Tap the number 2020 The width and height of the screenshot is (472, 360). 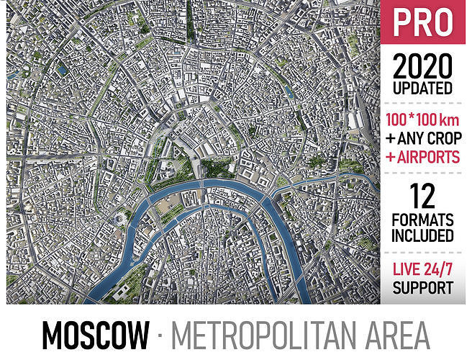tap(422, 68)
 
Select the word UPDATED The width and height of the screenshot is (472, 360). tap(422, 89)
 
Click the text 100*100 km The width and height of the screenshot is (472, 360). tap(422, 118)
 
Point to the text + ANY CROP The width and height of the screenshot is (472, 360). tap(422, 137)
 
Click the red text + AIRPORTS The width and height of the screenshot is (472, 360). tap(422, 156)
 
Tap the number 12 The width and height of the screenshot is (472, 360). tap(422, 194)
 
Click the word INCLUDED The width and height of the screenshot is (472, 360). tap(422, 235)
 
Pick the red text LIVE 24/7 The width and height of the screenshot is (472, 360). tap(422, 271)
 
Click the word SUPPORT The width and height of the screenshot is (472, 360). tap(422, 289)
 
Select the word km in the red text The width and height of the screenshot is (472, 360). tap(448, 118)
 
